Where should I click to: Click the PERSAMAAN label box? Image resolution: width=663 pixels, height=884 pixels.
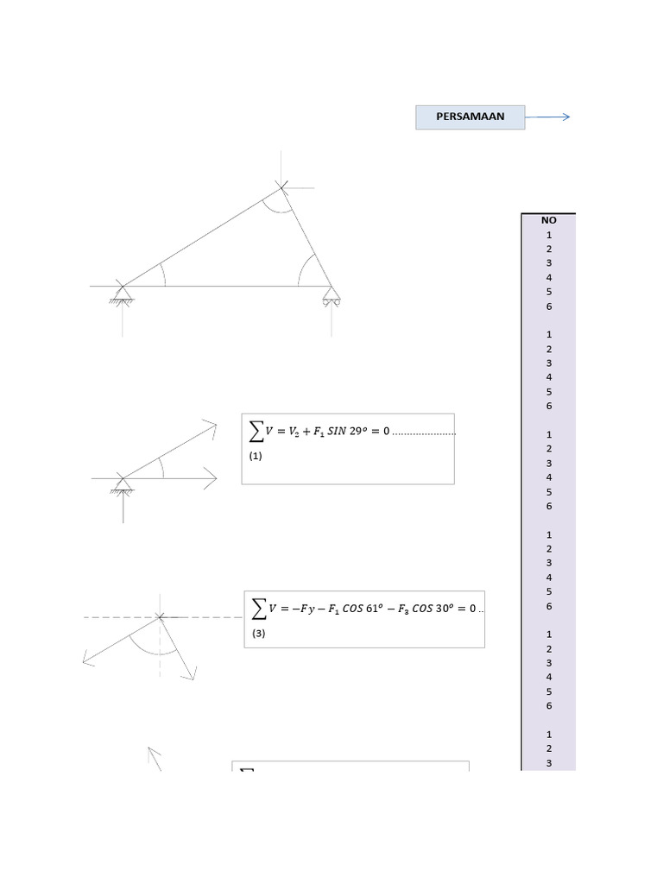tap(470, 117)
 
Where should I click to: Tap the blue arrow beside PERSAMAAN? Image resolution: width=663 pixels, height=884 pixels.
tap(548, 117)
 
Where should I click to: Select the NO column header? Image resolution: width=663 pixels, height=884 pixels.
tap(549, 220)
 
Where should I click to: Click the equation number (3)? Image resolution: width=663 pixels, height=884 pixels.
tap(259, 633)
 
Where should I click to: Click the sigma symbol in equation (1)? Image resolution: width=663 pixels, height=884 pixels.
tap(256, 431)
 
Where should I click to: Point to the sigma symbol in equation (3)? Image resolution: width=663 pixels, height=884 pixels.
tap(258, 608)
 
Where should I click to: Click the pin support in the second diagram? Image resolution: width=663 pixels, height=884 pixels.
tap(123, 486)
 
